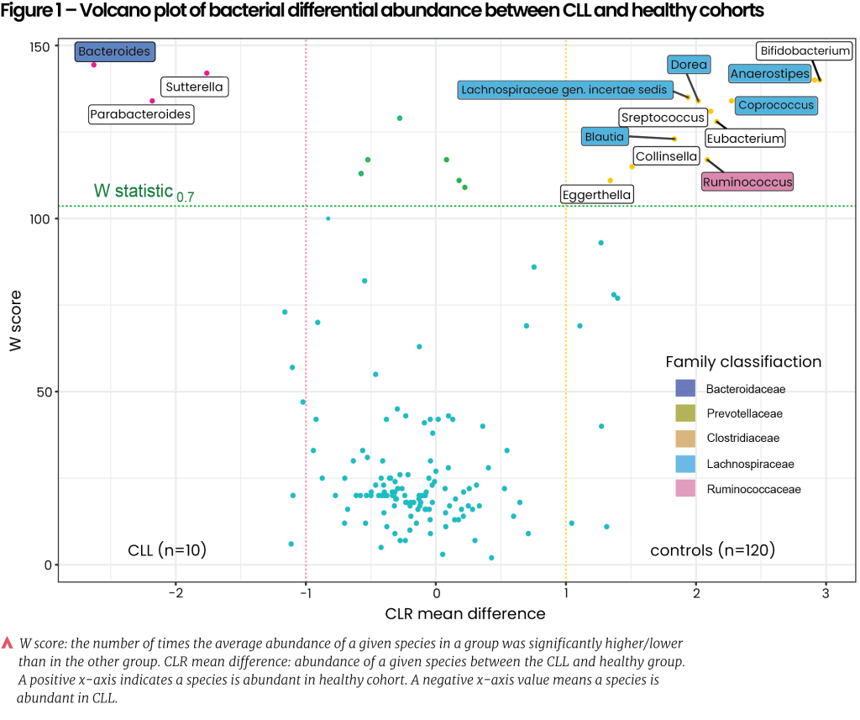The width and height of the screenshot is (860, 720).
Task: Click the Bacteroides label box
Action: pos(114,52)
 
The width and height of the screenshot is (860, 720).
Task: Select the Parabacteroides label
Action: pos(140,114)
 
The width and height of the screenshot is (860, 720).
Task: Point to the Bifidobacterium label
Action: pos(805,51)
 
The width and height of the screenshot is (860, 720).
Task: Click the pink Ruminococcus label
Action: pos(747,181)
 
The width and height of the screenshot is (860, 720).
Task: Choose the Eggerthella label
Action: pos(597,195)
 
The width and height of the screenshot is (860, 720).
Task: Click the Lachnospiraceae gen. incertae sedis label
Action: pos(564,90)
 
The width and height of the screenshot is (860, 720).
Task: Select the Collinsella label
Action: pos(666,156)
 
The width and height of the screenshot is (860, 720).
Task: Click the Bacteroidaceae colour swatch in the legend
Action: pos(685,389)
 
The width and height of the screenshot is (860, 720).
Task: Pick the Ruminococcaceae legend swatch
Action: pos(685,489)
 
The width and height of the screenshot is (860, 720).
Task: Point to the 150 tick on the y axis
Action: pos(39,45)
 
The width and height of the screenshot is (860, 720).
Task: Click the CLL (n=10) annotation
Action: pos(167,550)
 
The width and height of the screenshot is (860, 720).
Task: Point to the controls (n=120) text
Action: pos(712,550)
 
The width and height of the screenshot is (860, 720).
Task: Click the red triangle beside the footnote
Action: pos(8,644)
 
